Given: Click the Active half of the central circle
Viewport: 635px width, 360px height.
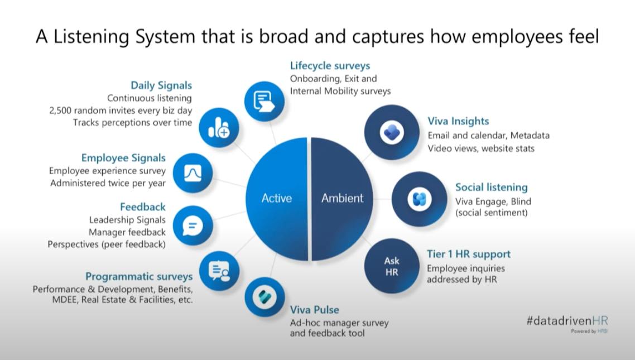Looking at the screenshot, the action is pos(277,199).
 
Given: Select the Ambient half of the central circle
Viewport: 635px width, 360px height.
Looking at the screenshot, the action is pos(342,199).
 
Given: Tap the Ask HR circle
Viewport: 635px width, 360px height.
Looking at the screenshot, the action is pos(392,266).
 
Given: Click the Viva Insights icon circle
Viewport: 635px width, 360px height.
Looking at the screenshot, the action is pos(392,132).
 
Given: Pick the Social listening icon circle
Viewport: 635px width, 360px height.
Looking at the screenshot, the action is pos(419,199).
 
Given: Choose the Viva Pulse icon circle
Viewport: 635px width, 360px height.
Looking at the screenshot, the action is pos(264,297).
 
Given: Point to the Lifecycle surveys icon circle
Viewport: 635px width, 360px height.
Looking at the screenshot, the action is pos(264,101).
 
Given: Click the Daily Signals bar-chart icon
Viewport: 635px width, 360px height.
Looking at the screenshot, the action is pos(219,128).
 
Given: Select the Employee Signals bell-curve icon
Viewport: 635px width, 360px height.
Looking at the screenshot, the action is pos(193,173).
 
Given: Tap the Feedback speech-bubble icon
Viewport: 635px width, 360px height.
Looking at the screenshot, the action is pos(193,225).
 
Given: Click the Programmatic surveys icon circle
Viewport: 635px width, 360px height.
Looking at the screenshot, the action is pos(219,271).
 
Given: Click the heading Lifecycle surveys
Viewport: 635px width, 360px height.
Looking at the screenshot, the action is pos(330,66).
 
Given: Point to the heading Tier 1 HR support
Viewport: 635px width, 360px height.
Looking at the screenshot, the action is pos(469,254).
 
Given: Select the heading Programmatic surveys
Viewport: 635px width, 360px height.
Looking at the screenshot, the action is pos(139,277).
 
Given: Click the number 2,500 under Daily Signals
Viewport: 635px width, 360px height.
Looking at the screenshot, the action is pos(61,111).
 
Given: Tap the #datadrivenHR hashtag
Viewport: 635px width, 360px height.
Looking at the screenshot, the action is pos(567,321).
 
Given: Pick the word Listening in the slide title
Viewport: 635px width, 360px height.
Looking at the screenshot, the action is pos(92,37).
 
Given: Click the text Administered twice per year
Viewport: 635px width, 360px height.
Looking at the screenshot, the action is pos(108,184).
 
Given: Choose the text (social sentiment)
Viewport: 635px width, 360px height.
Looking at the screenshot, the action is pos(491,213).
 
